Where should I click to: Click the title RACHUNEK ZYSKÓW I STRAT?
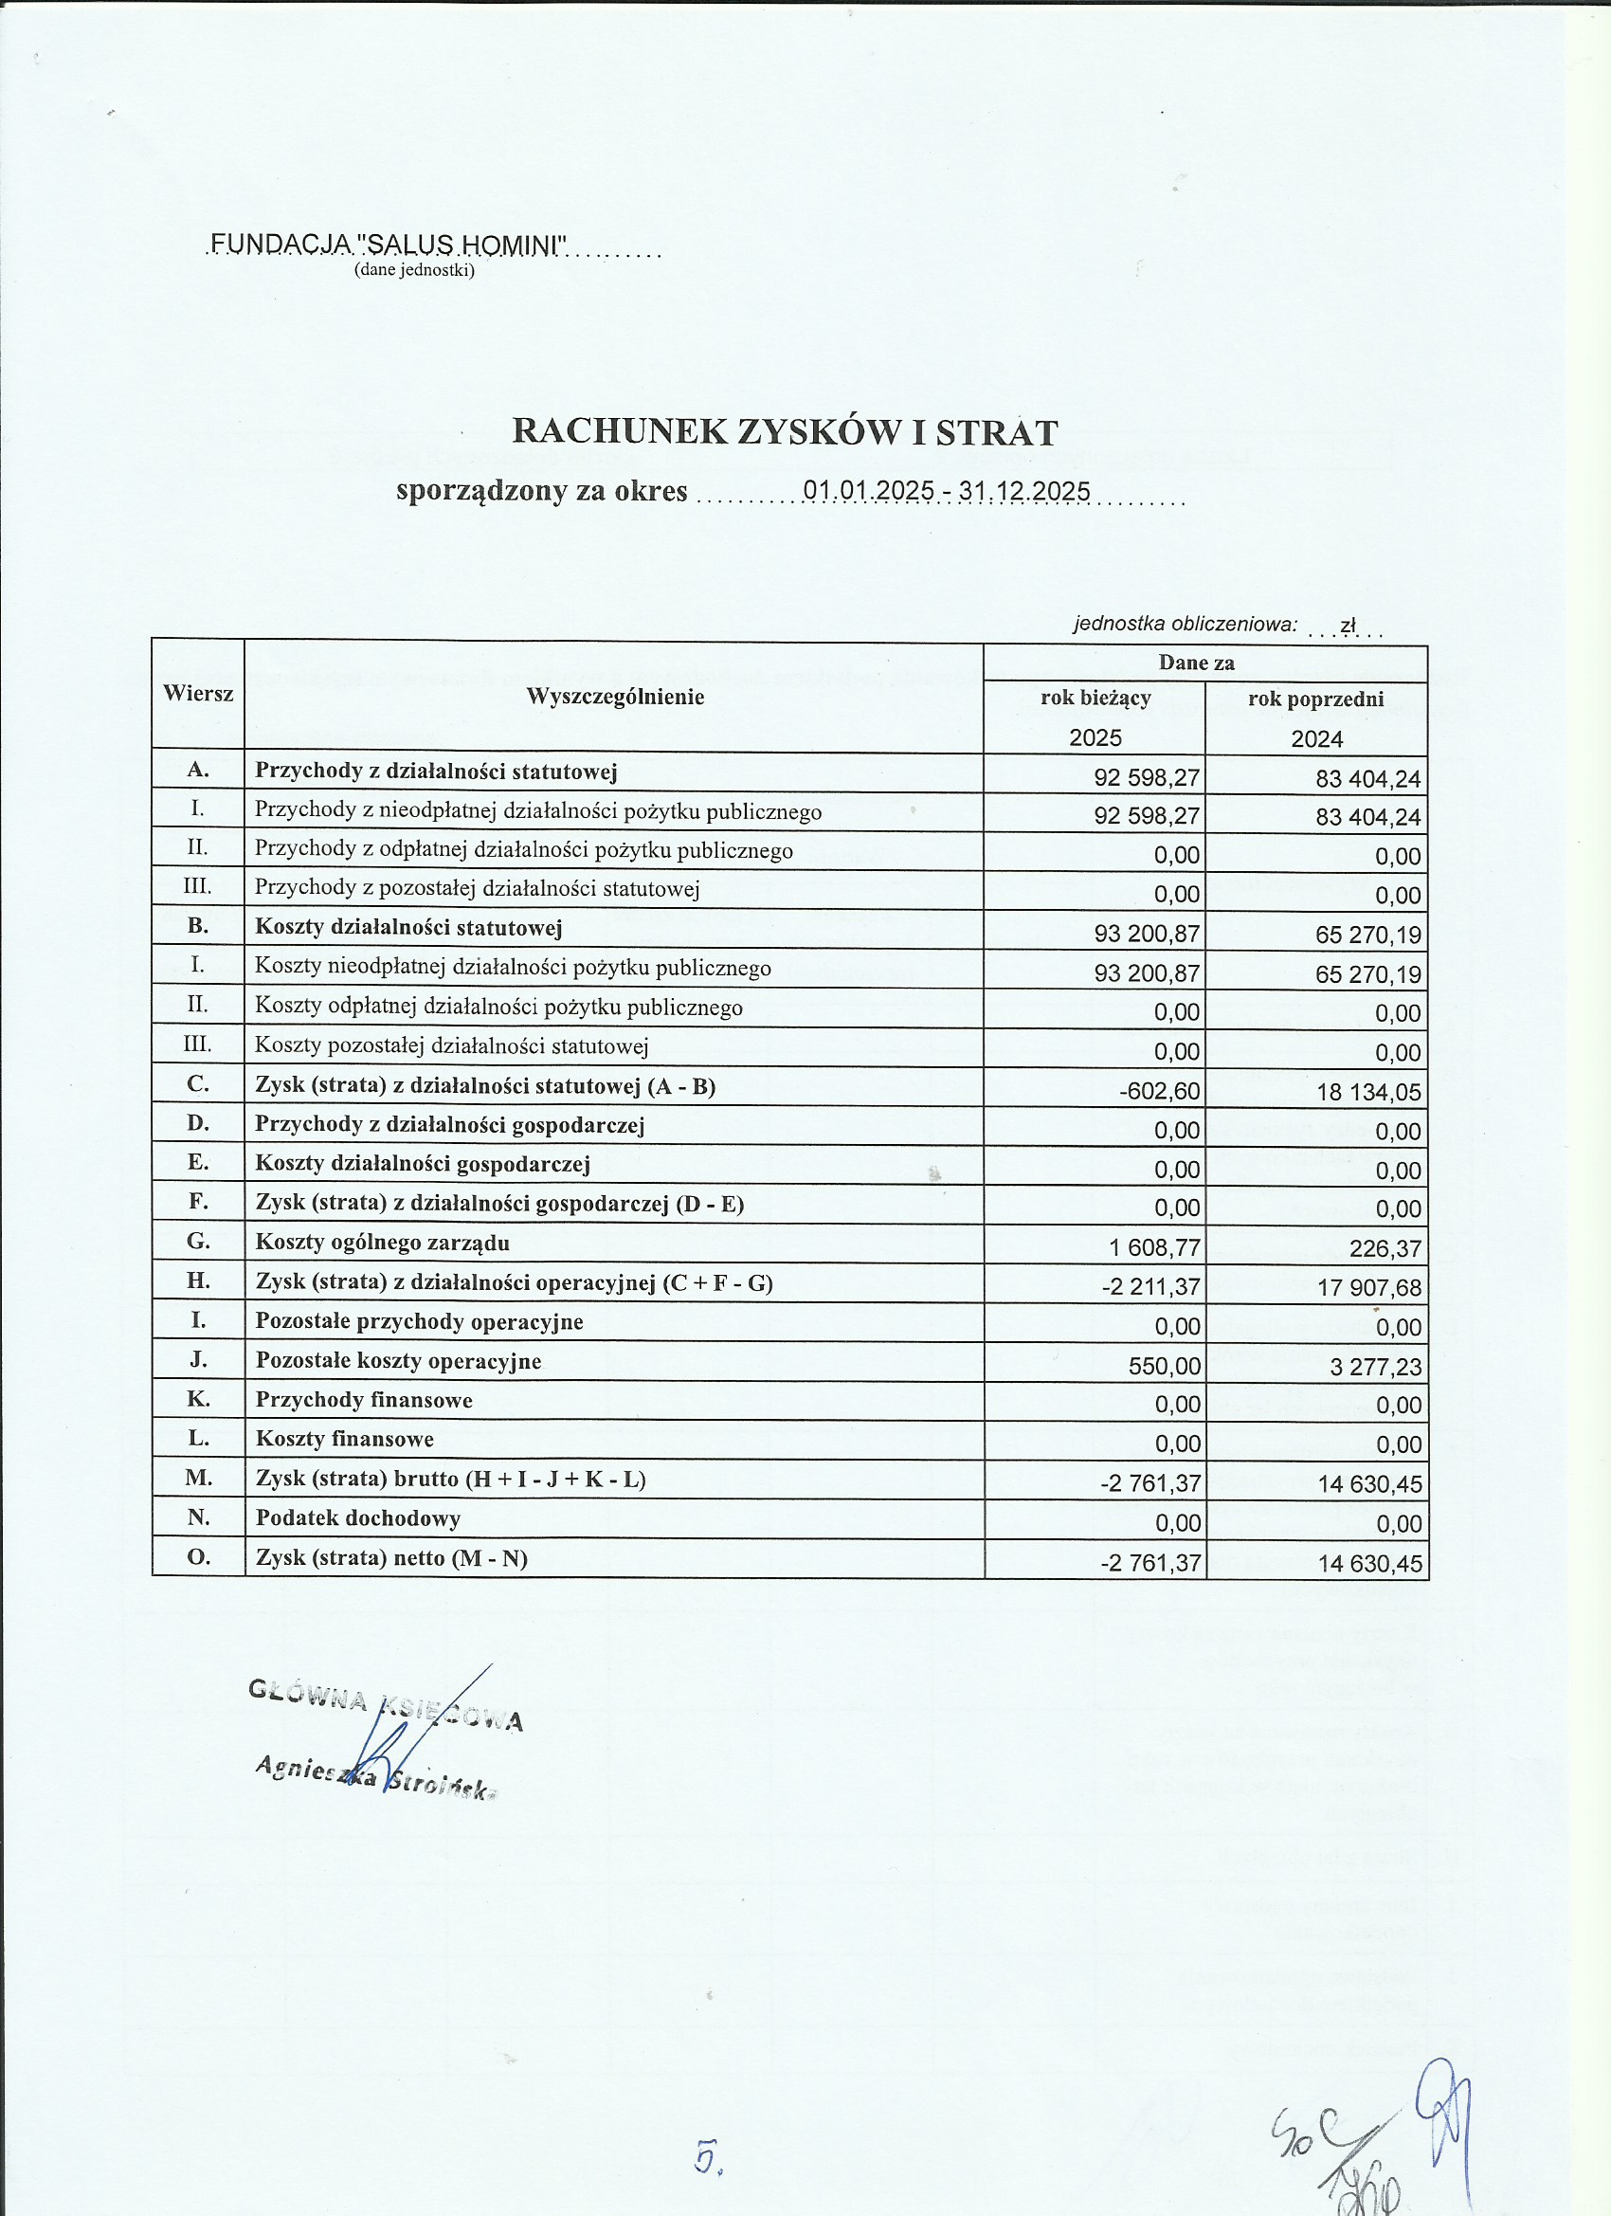pos(785,432)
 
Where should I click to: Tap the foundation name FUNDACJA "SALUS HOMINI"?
pos(388,245)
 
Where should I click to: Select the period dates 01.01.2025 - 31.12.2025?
pos(946,489)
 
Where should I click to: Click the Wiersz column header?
pos(198,694)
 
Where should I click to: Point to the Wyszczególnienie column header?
pos(614,697)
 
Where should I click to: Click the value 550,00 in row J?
pos(1165,1366)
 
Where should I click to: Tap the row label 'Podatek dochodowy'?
pos(357,1517)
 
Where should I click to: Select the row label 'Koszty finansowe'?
pos(344,1438)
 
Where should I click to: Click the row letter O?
pos(198,1556)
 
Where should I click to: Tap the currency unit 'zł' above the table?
pos(1349,626)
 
